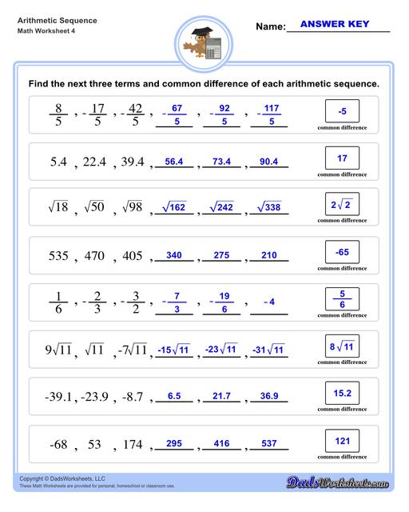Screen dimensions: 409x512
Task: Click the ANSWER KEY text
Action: click(x=334, y=25)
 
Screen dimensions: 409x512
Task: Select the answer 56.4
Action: click(x=174, y=162)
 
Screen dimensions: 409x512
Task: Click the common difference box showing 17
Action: click(x=342, y=158)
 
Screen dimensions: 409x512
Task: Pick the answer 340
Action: click(x=174, y=256)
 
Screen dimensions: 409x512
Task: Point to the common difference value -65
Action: click(x=342, y=253)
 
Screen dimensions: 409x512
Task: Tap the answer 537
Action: click(x=268, y=444)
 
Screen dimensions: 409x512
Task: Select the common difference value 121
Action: click(x=342, y=441)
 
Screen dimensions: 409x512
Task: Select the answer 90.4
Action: click(x=268, y=162)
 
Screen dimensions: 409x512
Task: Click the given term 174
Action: click(x=129, y=445)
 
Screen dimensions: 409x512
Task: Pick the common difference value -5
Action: click(x=342, y=111)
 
